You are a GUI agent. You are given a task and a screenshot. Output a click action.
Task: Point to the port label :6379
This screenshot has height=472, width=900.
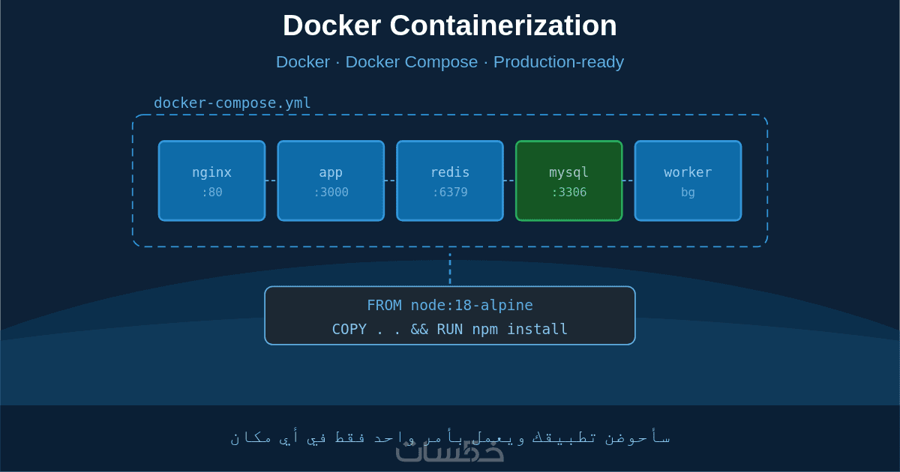coord(450,193)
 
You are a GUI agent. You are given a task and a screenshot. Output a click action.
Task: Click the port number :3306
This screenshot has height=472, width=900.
coord(568,193)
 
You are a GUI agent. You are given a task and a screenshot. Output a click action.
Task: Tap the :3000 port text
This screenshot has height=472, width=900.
coord(331,193)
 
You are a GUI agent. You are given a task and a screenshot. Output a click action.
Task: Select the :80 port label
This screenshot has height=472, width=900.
coord(211,193)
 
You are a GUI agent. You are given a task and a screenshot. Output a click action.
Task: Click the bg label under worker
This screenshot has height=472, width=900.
coord(688,193)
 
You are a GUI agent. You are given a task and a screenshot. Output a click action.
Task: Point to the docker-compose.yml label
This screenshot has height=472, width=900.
coord(232,103)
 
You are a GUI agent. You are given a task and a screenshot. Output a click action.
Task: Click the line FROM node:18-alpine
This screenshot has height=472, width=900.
coord(450,306)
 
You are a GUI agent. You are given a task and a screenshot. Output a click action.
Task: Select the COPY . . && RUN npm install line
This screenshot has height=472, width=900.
coord(450,330)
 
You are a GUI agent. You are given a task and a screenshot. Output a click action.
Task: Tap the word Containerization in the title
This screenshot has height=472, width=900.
coord(502,26)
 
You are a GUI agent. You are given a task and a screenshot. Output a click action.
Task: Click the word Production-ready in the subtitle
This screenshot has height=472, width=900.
coord(558,62)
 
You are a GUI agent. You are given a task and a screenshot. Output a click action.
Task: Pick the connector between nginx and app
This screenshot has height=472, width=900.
coord(271,181)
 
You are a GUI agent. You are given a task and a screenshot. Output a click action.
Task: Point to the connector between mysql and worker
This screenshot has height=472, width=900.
coord(628,181)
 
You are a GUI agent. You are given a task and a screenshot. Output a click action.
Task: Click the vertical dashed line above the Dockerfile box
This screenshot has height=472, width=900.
coord(450,268)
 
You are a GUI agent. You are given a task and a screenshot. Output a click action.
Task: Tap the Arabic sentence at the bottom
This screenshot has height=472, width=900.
coord(450,436)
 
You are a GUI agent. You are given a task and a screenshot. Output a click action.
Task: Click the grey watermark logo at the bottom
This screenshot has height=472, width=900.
coord(450,452)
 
